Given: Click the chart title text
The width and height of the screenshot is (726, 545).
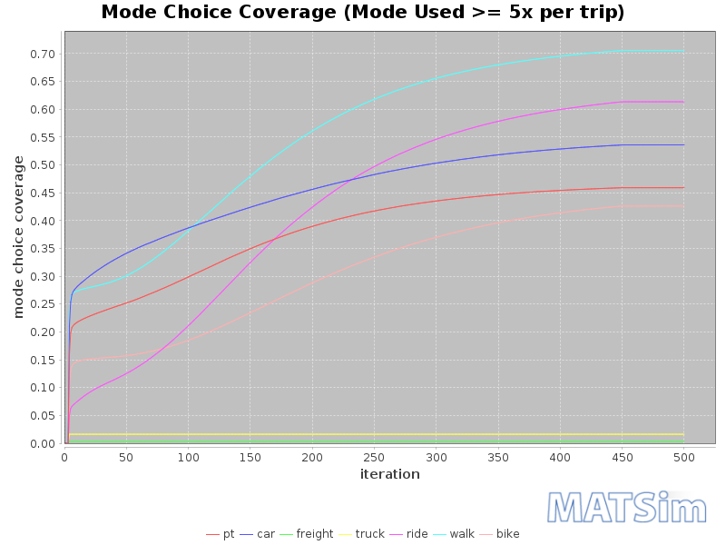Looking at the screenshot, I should coord(363,13).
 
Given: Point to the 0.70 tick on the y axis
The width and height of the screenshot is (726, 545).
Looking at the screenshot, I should coord(43,54).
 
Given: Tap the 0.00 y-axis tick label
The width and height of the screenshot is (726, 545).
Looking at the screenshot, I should coord(43,443).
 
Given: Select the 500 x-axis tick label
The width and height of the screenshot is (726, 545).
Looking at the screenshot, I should coord(684,458).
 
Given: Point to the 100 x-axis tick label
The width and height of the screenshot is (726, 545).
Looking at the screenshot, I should coord(188,458).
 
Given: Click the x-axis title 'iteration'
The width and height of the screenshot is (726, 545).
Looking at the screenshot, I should coord(390,474).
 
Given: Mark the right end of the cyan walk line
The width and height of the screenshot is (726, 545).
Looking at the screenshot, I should coord(683,51).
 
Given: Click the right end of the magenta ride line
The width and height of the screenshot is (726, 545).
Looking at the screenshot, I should coord(683,102).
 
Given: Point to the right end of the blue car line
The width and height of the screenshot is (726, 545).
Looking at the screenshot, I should coord(683,144).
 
